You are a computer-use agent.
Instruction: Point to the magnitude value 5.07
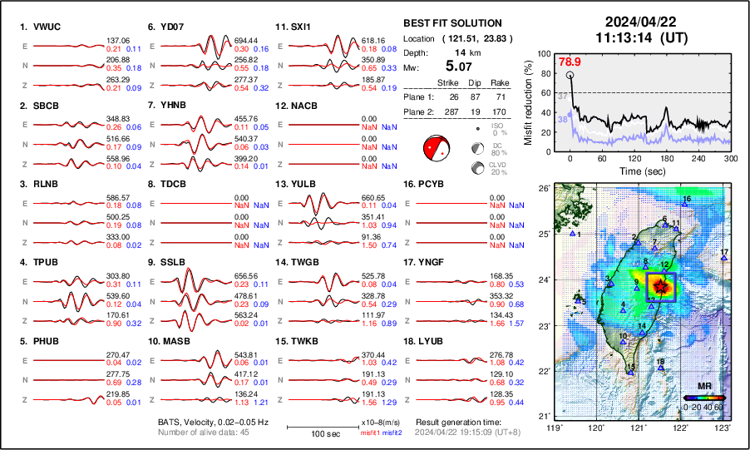461,66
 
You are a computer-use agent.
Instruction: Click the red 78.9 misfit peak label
570,62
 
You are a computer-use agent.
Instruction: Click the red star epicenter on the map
661,286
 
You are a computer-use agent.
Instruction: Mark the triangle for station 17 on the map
724,260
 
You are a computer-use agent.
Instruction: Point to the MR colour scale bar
703,397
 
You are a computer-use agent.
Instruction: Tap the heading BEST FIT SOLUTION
451,23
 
